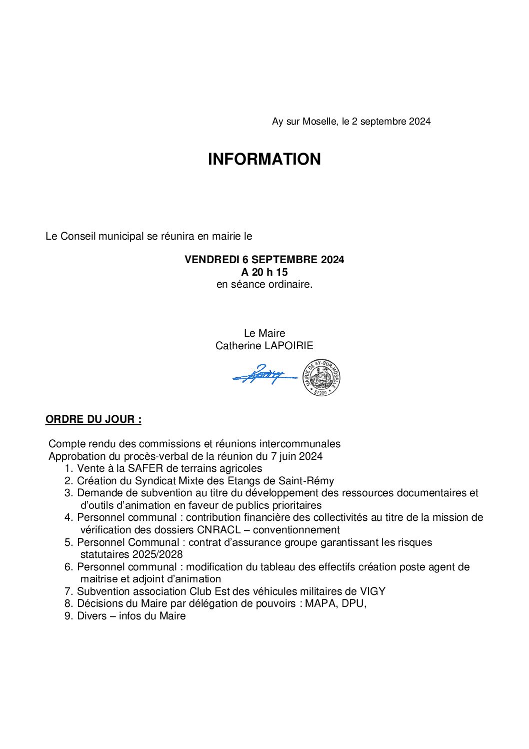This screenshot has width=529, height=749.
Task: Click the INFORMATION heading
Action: click(x=264, y=159)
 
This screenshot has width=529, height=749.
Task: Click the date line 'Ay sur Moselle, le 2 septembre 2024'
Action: click(x=351, y=122)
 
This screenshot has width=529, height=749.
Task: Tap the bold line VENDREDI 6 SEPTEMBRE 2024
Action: click(x=264, y=260)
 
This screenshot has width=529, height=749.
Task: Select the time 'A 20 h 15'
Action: click(x=264, y=272)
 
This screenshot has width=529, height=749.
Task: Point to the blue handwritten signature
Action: click(x=262, y=375)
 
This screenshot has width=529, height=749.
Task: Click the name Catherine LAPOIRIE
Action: click(x=264, y=346)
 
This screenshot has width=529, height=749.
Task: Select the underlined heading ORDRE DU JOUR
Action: click(x=93, y=419)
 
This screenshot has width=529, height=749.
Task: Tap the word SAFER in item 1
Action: click(x=145, y=468)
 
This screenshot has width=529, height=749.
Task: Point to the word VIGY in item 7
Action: click(x=372, y=591)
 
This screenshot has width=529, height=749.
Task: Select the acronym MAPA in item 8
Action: click(x=320, y=603)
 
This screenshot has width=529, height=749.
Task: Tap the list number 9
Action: click(x=68, y=616)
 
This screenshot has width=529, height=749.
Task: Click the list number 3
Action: click(x=68, y=493)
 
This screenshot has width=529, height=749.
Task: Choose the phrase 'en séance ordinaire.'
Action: click(x=264, y=284)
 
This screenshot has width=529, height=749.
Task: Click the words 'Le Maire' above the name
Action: click(x=264, y=333)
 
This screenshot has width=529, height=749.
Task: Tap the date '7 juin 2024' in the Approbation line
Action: click(x=296, y=456)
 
